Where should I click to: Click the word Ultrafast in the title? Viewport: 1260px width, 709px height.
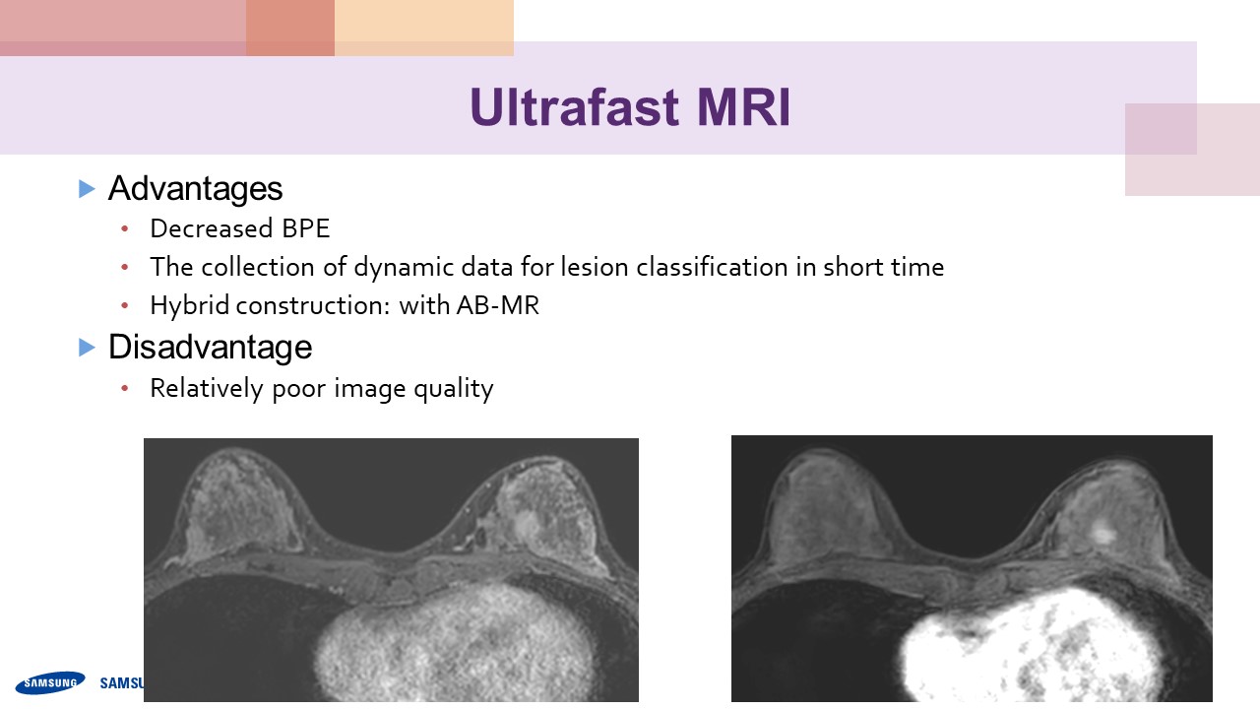[574, 107]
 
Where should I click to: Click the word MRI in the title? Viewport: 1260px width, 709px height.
[743, 107]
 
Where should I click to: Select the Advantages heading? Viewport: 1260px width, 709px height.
[195, 188]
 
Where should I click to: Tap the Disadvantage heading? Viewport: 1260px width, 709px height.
[210, 347]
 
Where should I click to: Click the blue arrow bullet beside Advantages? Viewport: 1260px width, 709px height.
[87, 188]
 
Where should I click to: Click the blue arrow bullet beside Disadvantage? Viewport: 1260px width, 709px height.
[87, 348]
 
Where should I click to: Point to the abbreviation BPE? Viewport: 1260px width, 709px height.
[305, 228]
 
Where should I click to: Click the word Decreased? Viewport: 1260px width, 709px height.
[212, 228]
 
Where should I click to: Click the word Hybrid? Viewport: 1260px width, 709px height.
[190, 305]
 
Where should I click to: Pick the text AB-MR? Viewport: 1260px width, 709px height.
[498, 305]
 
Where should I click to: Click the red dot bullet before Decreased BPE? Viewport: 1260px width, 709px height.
[125, 228]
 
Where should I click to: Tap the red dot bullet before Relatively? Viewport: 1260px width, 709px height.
[125, 388]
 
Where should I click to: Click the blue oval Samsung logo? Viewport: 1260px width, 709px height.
[50, 682]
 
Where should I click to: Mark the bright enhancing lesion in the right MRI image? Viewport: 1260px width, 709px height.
[1103, 534]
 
